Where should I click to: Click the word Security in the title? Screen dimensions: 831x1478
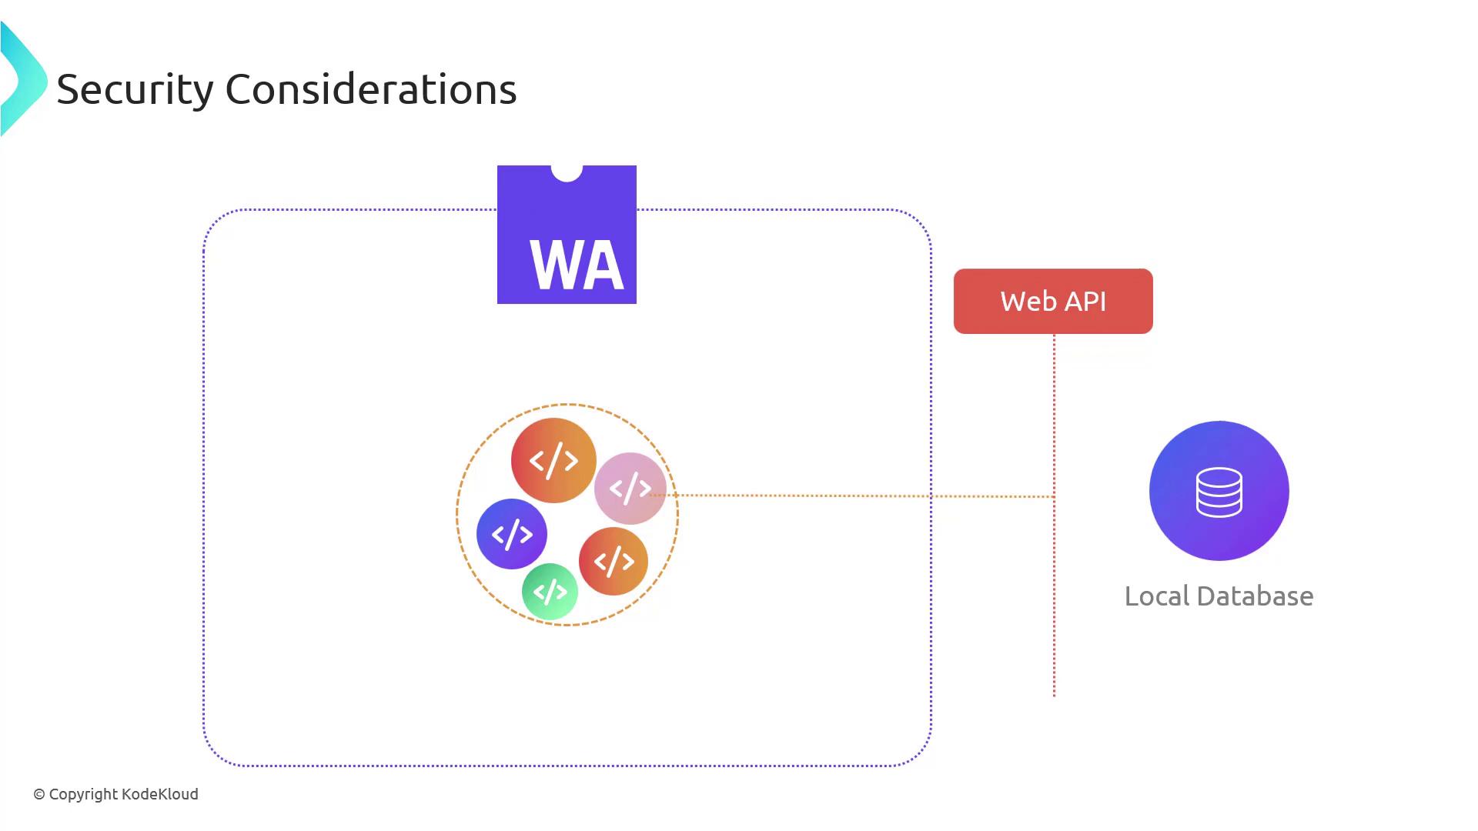(135, 89)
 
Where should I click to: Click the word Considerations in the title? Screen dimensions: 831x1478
(370, 89)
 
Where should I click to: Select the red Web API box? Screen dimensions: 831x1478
(1053, 301)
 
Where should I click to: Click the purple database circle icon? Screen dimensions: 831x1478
(1219, 490)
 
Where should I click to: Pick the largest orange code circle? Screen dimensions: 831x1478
(553, 460)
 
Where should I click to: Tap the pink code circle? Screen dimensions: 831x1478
(630, 488)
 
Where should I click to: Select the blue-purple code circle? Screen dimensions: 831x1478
(512, 534)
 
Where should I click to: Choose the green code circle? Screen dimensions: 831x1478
(550, 592)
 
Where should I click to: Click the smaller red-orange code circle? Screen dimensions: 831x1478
(614, 562)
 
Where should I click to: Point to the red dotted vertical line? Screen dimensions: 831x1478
(1054, 600)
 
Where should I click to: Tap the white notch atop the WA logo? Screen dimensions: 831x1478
(567, 172)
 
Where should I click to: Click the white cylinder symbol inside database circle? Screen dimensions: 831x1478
(1219, 492)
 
